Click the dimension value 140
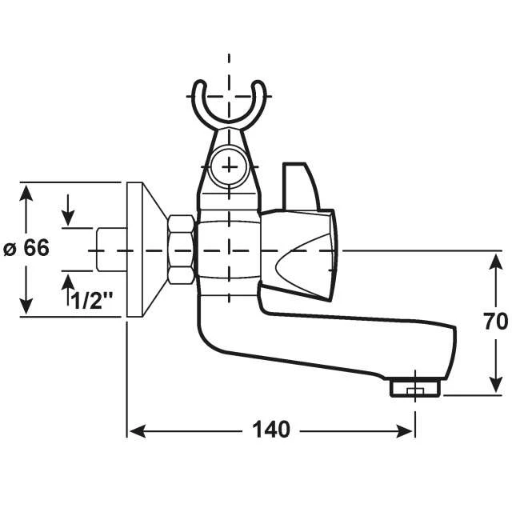pyautogui.click(x=271, y=430)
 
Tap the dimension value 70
pyautogui.click(x=495, y=322)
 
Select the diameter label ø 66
pyautogui.click(x=26, y=249)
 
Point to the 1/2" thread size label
pyautogui.click(x=93, y=302)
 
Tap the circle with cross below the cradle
pyautogui.click(x=230, y=166)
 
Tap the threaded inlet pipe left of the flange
pyautogui.click(x=110, y=250)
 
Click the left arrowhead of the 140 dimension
pyautogui.click(x=134, y=430)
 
